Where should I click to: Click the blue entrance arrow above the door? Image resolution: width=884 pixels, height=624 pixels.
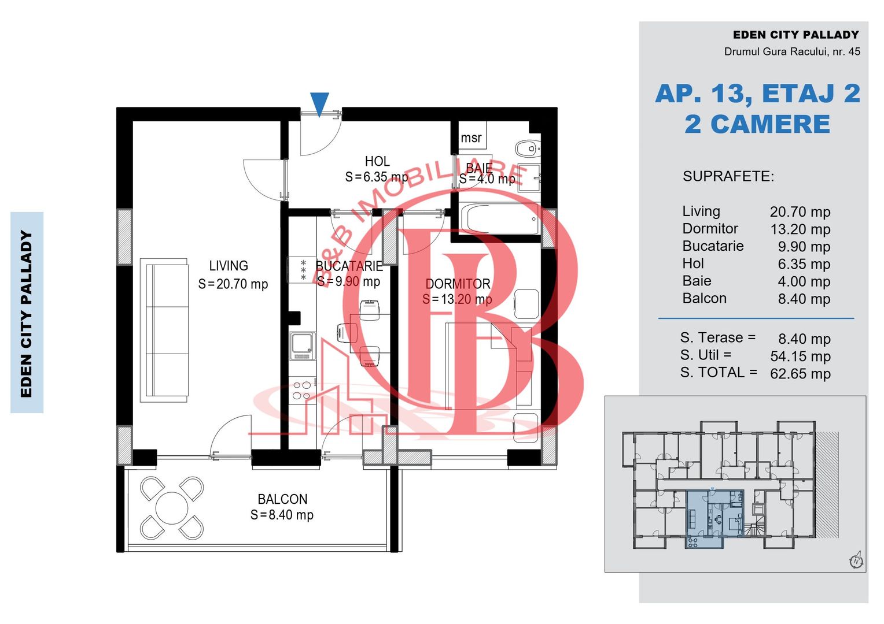[x=319, y=103]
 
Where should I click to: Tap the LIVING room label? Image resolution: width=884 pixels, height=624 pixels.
[x=229, y=266]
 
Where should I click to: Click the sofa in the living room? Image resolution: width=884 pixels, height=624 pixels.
[x=164, y=330]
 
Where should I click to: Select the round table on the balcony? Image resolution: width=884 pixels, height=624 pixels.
[x=172, y=508]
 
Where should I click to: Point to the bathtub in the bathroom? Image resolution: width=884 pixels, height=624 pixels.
[x=500, y=219]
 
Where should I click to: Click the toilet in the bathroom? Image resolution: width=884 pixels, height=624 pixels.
[x=528, y=148]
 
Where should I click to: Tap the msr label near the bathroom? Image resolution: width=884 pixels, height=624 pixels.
[x=471, y=138]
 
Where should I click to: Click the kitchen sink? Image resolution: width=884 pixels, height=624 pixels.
[x=303, y=346]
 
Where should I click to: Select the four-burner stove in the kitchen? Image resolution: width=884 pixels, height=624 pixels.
[x=303, y=390]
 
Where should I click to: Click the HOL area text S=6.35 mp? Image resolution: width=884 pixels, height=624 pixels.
[x=377, y=177]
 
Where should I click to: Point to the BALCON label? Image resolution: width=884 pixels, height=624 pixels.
[x=282, y=499]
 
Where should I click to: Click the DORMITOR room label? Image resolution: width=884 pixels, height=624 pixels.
[x=458, y=284]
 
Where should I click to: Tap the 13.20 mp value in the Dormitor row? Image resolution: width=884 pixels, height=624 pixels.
[x=800, y=229]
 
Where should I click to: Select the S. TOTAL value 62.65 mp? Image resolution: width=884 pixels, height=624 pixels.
[x=800, y=373]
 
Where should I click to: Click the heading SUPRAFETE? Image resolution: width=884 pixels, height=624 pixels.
[x=728, y=176]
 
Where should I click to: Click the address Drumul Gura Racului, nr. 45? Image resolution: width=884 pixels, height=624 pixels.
[x=792, y=51]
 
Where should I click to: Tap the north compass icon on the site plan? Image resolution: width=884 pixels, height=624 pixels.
[x=856, y=560]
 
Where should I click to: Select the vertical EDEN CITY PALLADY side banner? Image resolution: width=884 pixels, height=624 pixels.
[x=27, y=313]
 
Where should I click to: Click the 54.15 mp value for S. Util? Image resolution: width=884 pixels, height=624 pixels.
[x=800, y=356]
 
